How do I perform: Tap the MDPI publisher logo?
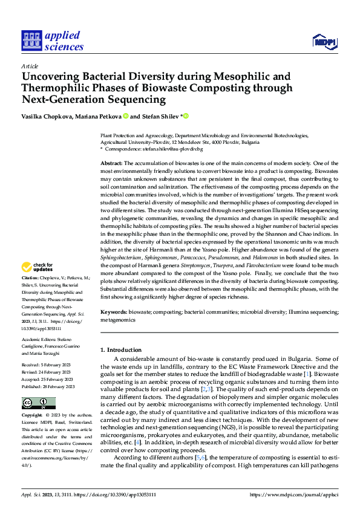click(323, 41)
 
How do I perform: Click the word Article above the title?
click(29, 66)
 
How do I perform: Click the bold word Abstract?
click(111, 164)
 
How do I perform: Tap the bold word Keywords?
click(113, 312)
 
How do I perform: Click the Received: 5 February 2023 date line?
click(46, 365)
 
